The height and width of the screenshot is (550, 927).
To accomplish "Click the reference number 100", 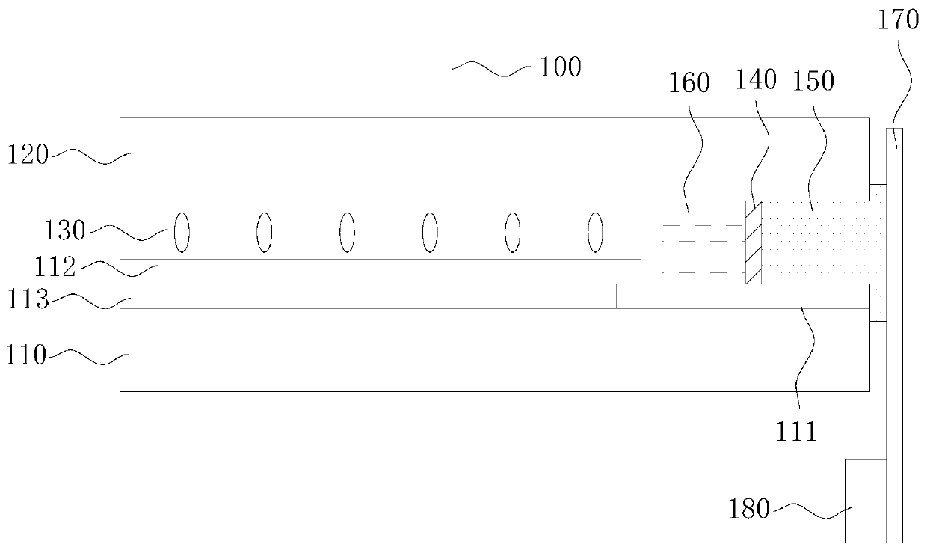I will click(561, 67).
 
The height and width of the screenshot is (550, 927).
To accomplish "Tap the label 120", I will click(28, 156).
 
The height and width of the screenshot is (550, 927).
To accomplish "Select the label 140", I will click(757, 79).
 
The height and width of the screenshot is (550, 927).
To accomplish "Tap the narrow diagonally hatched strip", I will click(754, 242).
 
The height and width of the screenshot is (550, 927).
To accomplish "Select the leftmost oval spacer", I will click(182, 232).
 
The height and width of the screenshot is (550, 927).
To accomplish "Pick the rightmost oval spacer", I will click(595, 232).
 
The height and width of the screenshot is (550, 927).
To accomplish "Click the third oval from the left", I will click(347, 232).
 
